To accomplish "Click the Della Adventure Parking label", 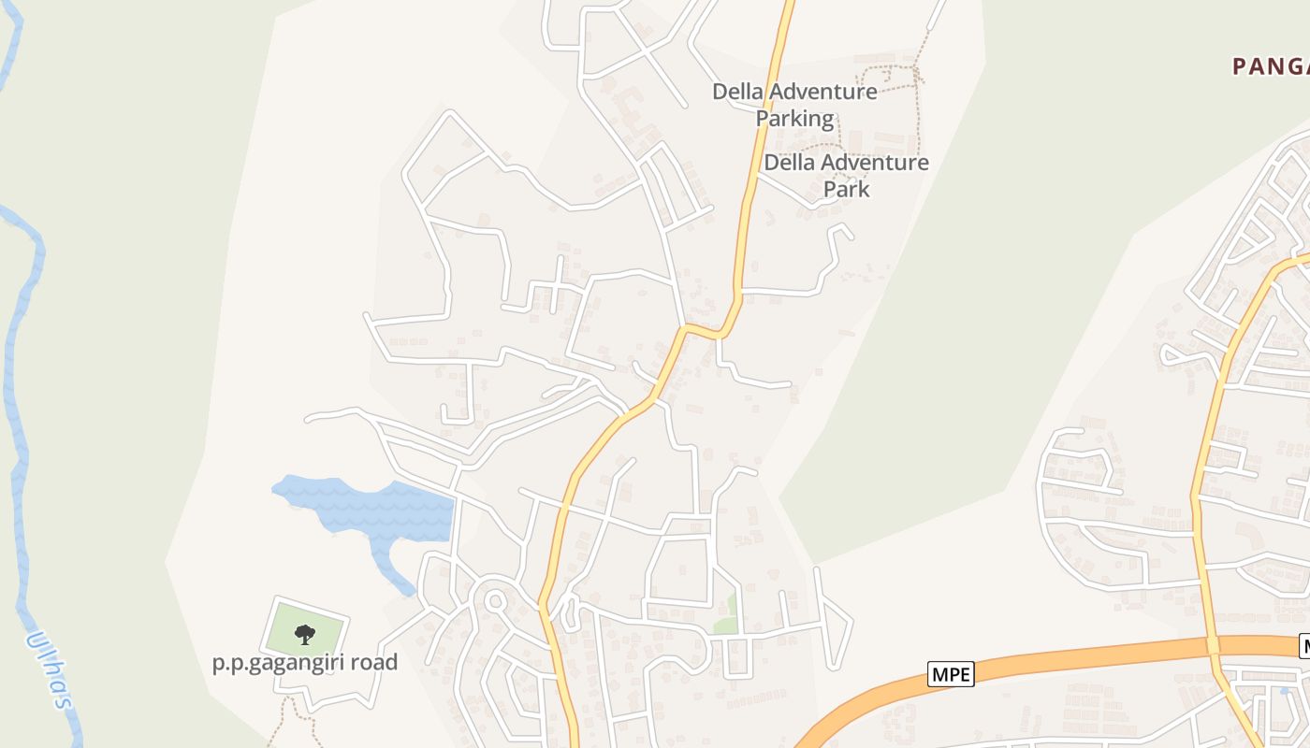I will (794, 105).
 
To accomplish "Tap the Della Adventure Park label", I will (846, 175).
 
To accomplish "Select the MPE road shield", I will (951, 673).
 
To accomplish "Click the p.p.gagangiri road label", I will (305, 663).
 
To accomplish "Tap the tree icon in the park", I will (305, 635).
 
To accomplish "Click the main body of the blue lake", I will (393, 511).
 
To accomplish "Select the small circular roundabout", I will (494, 600).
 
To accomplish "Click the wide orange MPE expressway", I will (1076, 657).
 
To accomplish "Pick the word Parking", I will (794, 119).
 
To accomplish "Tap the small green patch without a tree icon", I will (725, 618).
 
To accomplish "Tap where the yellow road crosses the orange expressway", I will (1213, 645).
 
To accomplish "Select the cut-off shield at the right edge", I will (1304, 645).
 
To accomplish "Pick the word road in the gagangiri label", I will (376, 663).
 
